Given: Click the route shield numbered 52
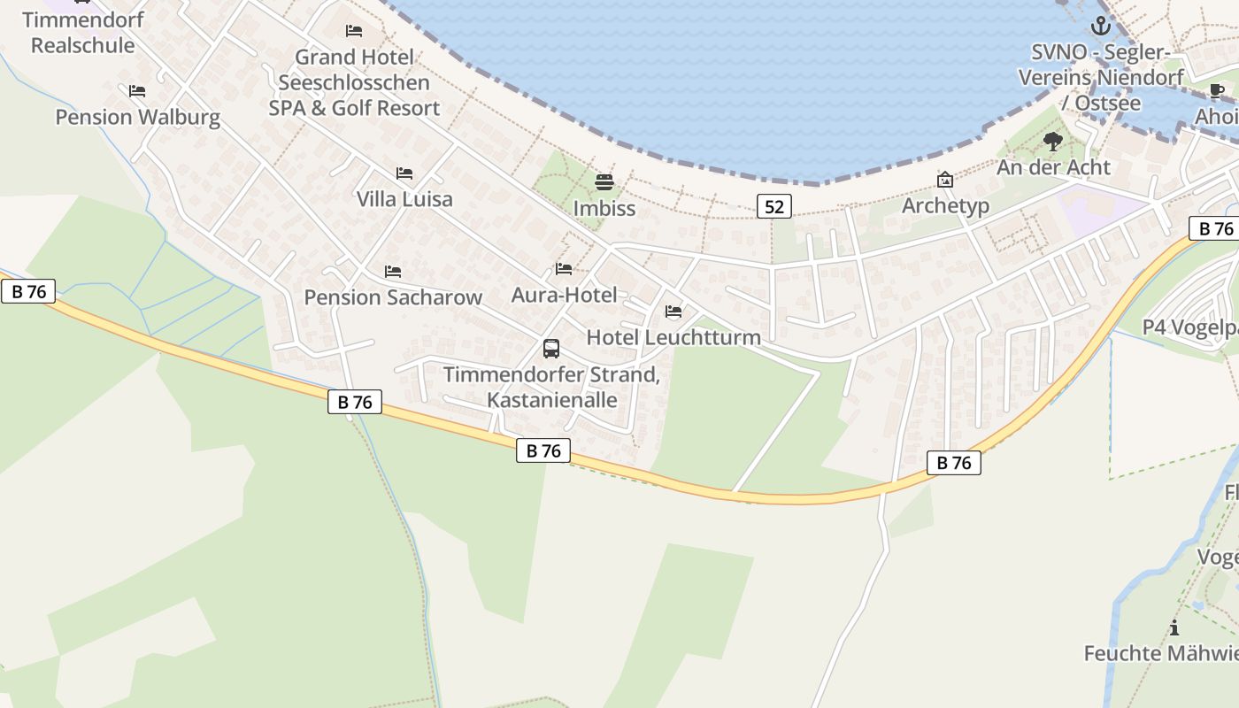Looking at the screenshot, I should click(773, 207).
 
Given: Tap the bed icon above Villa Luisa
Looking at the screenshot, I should click(404, 173).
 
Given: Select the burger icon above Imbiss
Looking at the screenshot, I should click(604, 182).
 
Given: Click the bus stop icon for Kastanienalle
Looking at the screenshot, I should click(551, 348).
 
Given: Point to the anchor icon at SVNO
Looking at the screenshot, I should click(1100, 26).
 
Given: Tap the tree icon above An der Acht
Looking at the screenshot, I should click(1052, 141).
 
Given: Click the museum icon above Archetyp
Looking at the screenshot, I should click(945, 180).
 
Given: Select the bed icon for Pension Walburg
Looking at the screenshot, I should click(137, 91).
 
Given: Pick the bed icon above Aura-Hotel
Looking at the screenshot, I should click(564, 269).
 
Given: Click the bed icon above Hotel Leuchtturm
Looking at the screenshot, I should click(673, 312).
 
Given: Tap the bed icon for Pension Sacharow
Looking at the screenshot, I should click(393, 272).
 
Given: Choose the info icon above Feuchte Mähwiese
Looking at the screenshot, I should click(1174, 628).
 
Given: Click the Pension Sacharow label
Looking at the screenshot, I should click(393, 297).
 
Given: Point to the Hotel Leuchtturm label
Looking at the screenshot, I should click(673, 337).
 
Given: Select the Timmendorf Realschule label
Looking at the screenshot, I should click(82, 33).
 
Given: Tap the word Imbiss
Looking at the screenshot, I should click(604, 209).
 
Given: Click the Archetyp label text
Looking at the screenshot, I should click(945, 206).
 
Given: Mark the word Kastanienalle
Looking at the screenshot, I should click(552, 399).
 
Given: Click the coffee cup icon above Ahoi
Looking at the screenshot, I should click(1217, 90).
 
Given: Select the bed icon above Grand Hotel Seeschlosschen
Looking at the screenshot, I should click(354, 31).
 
